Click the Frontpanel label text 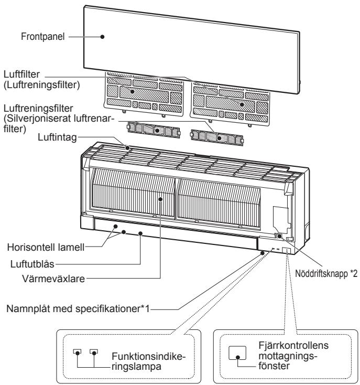(x=42, y=37)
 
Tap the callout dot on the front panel (x=103, y=37)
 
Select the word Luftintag (x=57, y=137)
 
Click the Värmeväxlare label (x=53, y=279)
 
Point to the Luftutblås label (x=32, y=264)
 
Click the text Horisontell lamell (x=46, y=247)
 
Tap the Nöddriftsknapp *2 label (x=326, y=273)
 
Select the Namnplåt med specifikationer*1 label (x=78, y=308)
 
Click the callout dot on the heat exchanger (x=160, y=199)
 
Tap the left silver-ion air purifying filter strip (x=154, y=130)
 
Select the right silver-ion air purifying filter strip (x=217, y=138)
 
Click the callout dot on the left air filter (x=133, y=92)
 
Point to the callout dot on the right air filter (x=242, y=104)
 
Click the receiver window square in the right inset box (x=237, y=353)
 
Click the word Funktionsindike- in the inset (x=149, y=356)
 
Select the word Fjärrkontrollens (x=293, y=345)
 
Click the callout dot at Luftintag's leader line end (x=127, y=147)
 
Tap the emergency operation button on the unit (x=279, y=236)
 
